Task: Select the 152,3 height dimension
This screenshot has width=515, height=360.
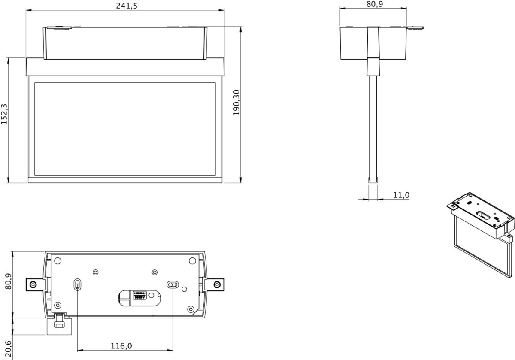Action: click(x=4, y=114)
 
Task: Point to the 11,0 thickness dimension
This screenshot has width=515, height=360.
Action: click(x=401, y=195)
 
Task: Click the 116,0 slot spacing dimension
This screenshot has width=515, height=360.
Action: click(x=122, y=346)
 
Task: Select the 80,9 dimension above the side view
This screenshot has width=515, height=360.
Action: click(x=374, y=4)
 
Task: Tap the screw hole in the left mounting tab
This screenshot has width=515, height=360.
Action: click(x=32, y=284)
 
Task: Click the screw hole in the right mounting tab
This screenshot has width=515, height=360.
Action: click(x=218, y=284)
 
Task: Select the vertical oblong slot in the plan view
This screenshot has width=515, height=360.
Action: click(x=77, y=284)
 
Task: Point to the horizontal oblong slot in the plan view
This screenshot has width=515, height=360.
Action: click(x=173, y=284)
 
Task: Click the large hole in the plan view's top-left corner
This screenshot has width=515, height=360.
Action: click(x=58, y=260)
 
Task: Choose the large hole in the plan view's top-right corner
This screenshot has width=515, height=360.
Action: click(x=191, y=260)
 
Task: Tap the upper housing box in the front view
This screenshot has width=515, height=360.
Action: click(x=125, y=43)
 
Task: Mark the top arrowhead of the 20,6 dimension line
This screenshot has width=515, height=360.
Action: click(x=13, y=318)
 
